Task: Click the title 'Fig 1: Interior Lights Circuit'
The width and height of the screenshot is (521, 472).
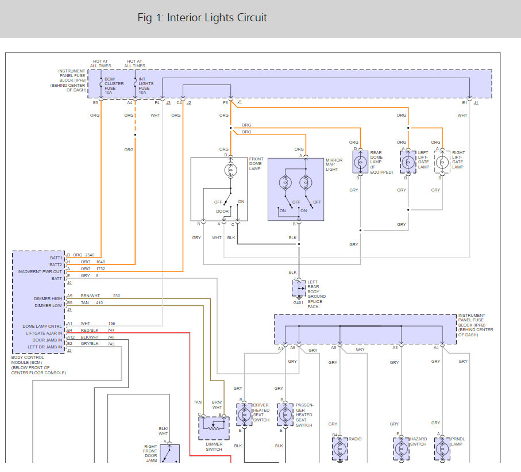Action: pyautogui.click(x=202, y=18)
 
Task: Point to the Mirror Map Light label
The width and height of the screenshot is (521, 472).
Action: pyautogui.click(x=334, y=165)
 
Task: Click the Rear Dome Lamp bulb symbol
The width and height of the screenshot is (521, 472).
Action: pyautogui.click(x=360, y=163)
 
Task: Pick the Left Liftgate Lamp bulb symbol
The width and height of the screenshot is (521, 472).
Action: pyautogui.click(x=408, y=162)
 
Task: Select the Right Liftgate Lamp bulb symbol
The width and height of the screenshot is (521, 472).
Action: pyautogui.click(x=441, y=162)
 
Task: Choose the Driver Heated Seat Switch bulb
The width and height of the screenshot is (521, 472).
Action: pyautogui.click(x=244, y=414)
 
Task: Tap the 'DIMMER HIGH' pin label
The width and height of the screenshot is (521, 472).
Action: pyautogui.click(x=48, y=298)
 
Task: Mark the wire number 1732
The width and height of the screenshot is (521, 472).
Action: pyautogui.click(x=101, y=268)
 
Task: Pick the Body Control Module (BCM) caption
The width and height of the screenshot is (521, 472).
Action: pyautogui.click(x=38, y=365)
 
